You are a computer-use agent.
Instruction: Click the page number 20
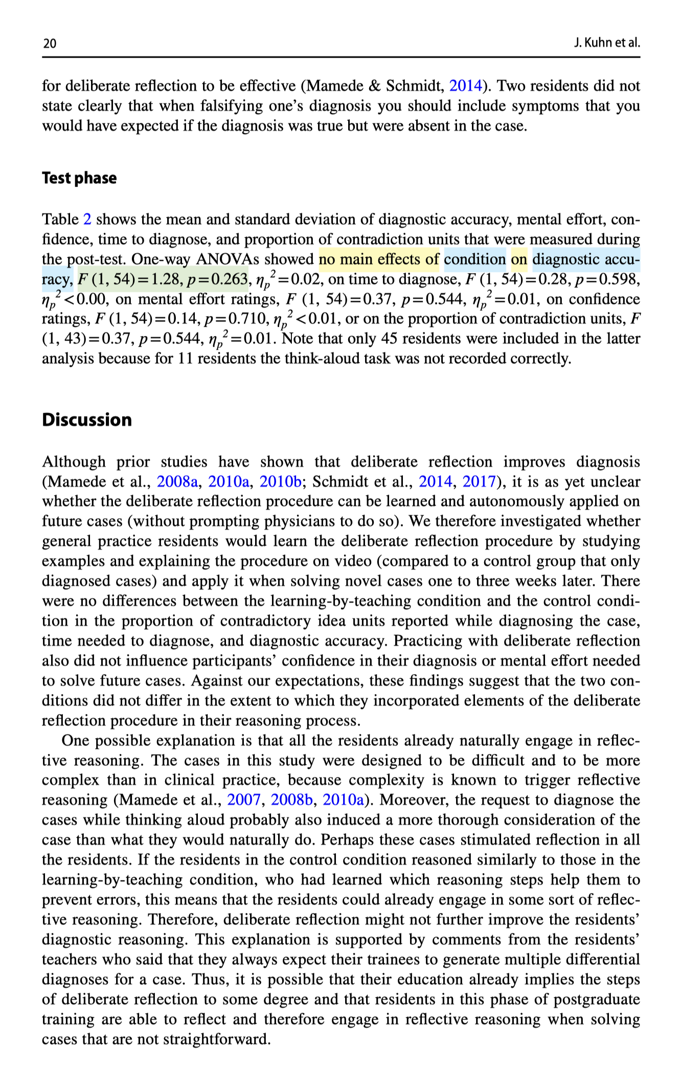[x=50, y=43]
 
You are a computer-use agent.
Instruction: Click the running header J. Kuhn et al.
[x=607, y=42]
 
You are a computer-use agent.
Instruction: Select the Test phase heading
[x=79, y=178]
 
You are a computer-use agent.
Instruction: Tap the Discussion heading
[x=87, y=420]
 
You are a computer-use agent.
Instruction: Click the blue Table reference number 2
[x=87, y=219]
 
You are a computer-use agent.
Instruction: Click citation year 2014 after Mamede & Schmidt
[x=465, y=86]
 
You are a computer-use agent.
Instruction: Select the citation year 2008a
[x=177, y=482]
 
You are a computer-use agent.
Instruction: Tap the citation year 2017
[x=479, y=482]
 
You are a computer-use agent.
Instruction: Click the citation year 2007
[x=244, y=800]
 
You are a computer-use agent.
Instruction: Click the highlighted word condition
[x=475, y=259]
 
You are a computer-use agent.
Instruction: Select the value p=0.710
[x=236, y=319]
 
